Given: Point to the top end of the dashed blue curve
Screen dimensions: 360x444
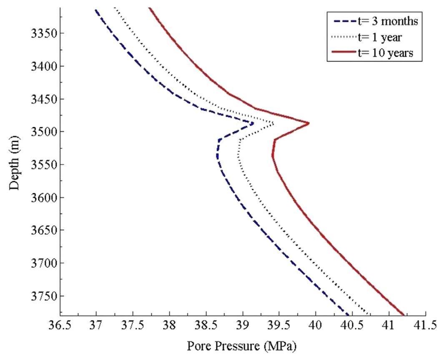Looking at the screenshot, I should pyautogui.click(x=95, y=10).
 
